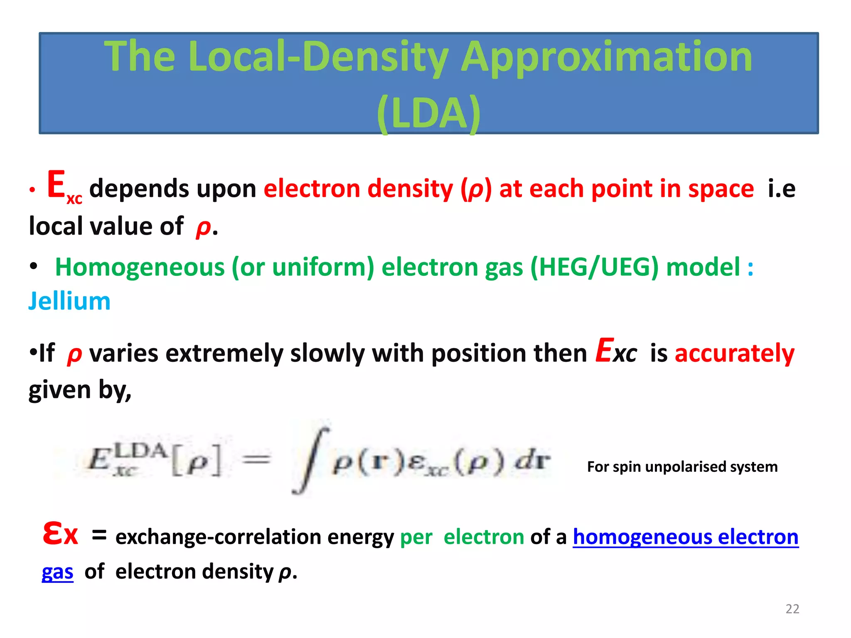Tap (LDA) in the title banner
[x=429, y=113]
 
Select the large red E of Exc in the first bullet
[x=56, y=185]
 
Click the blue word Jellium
[x=69, y=301]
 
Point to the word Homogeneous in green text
[x=140, y=267]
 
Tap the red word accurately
[x=734, y=353]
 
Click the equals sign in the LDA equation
[x=256, y=459]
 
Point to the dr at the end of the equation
[x=533, y=460]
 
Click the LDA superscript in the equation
[x=140, y=450]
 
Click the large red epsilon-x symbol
[x=60, y=535]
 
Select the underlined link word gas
[x=57, y=572]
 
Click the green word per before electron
[x=416, y=537]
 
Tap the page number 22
[x=792, y=609]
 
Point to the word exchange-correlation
[x=218, y=537]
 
